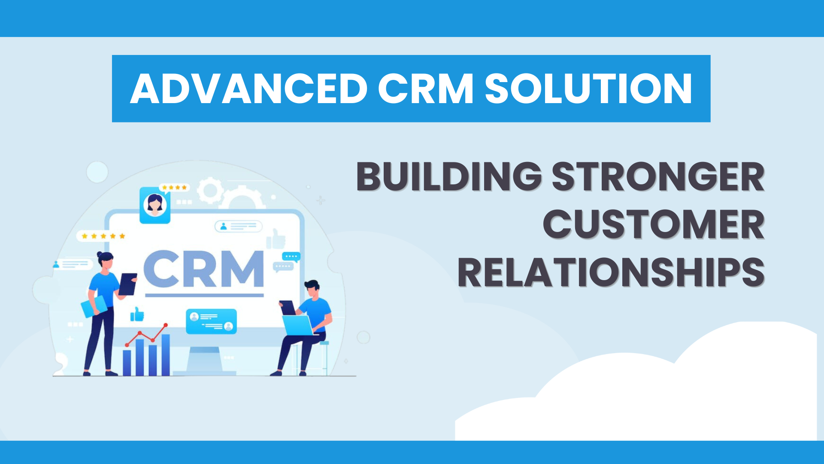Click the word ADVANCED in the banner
248,89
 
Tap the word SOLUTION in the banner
588,89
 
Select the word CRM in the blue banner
425,89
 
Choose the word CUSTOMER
654,224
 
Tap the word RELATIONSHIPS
611,272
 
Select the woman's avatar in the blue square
155,205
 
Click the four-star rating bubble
174,188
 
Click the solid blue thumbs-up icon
137,314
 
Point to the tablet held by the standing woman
127,284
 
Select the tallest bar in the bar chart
166,355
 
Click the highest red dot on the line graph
166,325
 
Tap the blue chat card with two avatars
211,321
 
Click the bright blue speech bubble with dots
291,256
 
